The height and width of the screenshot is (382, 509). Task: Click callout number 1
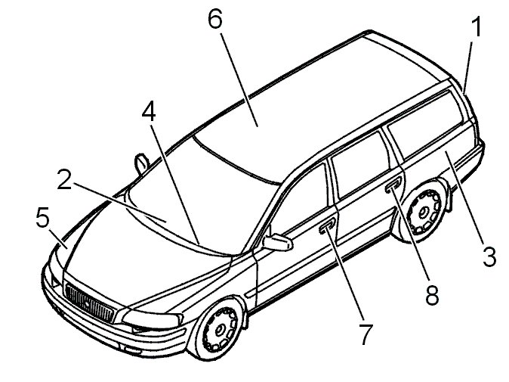[477, 27]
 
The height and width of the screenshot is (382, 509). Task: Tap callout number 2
[64, 179]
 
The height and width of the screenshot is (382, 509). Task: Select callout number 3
[489, 256]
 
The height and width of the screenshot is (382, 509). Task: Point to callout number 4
[149, 110]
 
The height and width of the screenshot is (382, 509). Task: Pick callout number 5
[42, 217]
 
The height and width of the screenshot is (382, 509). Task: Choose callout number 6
[215, 18]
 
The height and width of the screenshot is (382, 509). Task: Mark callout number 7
[366, 334]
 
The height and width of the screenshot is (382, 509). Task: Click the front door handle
[327, 226]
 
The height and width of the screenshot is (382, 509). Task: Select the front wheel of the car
[218, 329]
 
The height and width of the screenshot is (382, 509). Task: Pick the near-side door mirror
[277, 242]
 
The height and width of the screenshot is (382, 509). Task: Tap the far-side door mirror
[141, 162]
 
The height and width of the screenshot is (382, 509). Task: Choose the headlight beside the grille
[152, 319]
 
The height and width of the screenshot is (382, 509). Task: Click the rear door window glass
[359, 165]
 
